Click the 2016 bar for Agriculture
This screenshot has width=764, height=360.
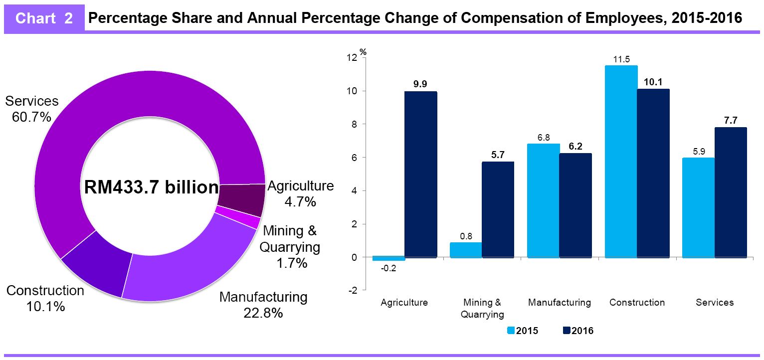point(420,175)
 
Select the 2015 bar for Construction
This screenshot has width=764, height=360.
point(621,162)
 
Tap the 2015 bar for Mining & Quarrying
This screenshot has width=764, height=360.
point(466,250)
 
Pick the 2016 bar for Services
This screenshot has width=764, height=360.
point(731,192)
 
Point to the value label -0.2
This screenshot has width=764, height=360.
point(386,268)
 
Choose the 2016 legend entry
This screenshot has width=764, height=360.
point(578,330)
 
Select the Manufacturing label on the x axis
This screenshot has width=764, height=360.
point(559,303)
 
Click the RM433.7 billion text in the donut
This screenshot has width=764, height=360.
point(151,187)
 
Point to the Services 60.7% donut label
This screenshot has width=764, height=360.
point(31,109)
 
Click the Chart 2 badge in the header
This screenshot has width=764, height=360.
point(44,19)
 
